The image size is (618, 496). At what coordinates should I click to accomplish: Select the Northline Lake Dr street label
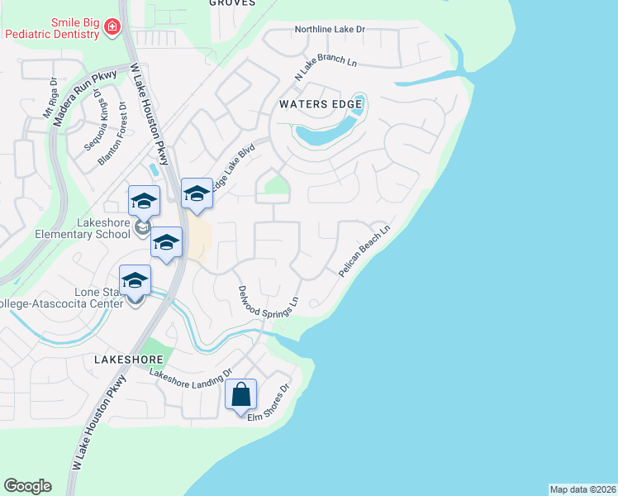click(x=330, y=30)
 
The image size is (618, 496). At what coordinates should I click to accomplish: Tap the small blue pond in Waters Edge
click(x=326, y=132)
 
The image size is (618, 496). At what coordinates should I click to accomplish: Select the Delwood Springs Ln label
click(x=267, y=303)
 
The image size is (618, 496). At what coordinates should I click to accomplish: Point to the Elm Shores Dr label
click(x=271, y=401)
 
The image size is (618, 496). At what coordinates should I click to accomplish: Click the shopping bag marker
click(x=240, y=394)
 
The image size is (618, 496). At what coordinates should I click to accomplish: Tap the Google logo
click(x=27, y=485)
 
